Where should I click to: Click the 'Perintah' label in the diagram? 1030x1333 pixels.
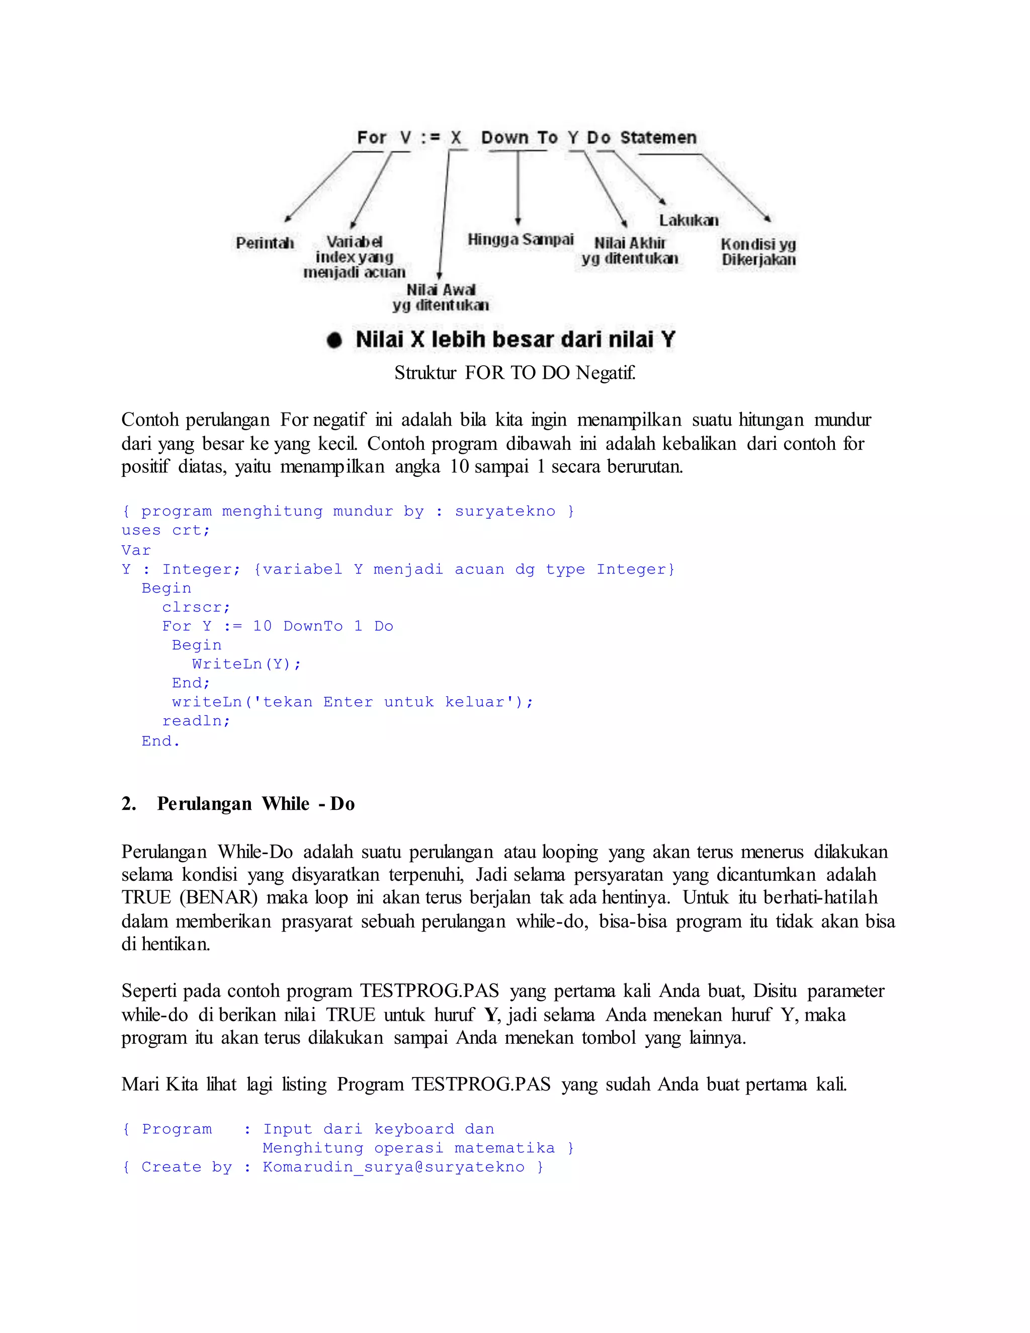click(x=265, y=243)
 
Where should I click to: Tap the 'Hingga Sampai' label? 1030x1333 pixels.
click(x=521, y=239)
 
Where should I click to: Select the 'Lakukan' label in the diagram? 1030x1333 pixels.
click(x=689, y=220)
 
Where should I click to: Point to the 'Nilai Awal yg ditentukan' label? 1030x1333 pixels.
click(x=441, y=297)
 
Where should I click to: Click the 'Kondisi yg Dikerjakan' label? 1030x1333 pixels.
click(x=758, y=252)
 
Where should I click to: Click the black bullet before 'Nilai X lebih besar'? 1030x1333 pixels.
click(x=334, y=340)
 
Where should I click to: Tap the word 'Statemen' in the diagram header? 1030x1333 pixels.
click(x=658, y=138)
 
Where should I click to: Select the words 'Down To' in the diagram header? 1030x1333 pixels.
click(x=519, y=138)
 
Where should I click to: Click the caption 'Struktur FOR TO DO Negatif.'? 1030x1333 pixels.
click(x=515, y=372)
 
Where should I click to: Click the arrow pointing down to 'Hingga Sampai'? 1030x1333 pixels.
click(x=518, y=189)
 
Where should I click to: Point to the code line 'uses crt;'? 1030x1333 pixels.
click(x=166, y=530)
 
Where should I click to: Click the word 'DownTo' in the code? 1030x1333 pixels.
click(x=313, y=626)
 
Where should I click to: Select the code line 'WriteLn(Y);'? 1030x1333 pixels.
click(x=246, y=664)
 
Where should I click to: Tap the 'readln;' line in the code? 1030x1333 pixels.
click(x=196, y=721)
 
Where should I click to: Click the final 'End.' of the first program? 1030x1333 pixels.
click(x=160, y=741)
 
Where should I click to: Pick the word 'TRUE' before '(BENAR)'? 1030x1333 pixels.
click(x=146, y=898)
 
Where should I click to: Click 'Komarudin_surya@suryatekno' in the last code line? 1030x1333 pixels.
click(x=394, y=1167)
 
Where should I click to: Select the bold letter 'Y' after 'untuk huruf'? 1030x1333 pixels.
click(x=490, y=1015)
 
